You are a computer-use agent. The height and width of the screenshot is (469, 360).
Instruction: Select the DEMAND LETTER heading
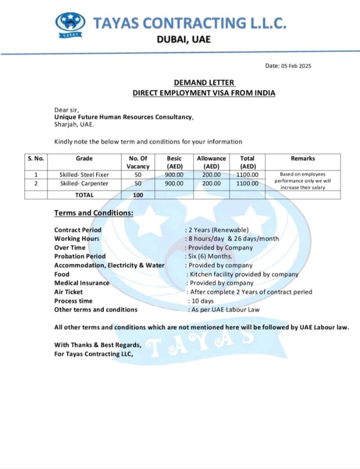tap(204, 83)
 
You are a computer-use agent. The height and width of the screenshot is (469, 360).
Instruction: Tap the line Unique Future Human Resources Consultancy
tap(123, 117)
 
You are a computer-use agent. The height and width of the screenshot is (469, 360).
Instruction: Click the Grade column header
tap(84, 158)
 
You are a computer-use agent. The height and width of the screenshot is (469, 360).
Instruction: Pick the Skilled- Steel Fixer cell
tap(84, 175)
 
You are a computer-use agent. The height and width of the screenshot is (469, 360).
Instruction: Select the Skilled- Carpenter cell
tap(84, 184)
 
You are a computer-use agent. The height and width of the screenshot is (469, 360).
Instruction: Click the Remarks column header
tap(302, 158)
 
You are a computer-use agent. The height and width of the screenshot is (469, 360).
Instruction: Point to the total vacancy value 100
tap(138, 195)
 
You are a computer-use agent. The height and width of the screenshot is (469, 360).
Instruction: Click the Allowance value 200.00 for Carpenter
tap(211, 184)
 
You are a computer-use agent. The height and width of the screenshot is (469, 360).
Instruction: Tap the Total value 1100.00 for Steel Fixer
tap(247, 175)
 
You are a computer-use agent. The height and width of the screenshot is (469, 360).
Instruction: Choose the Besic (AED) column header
tap(174, 162)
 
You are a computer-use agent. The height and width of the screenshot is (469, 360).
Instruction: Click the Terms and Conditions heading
tap(94, 213)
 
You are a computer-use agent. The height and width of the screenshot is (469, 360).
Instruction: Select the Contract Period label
tap(78, 230)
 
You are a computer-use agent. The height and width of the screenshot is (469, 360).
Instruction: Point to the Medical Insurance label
tap(82, 283)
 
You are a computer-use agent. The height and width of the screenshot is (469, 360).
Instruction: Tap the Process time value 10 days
tap(202, 301)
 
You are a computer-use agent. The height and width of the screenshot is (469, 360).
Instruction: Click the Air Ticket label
tap(68, 291)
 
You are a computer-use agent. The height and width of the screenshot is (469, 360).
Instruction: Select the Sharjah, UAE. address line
tap(74, 125)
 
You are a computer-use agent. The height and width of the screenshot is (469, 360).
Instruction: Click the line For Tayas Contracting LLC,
tap(94, 354)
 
